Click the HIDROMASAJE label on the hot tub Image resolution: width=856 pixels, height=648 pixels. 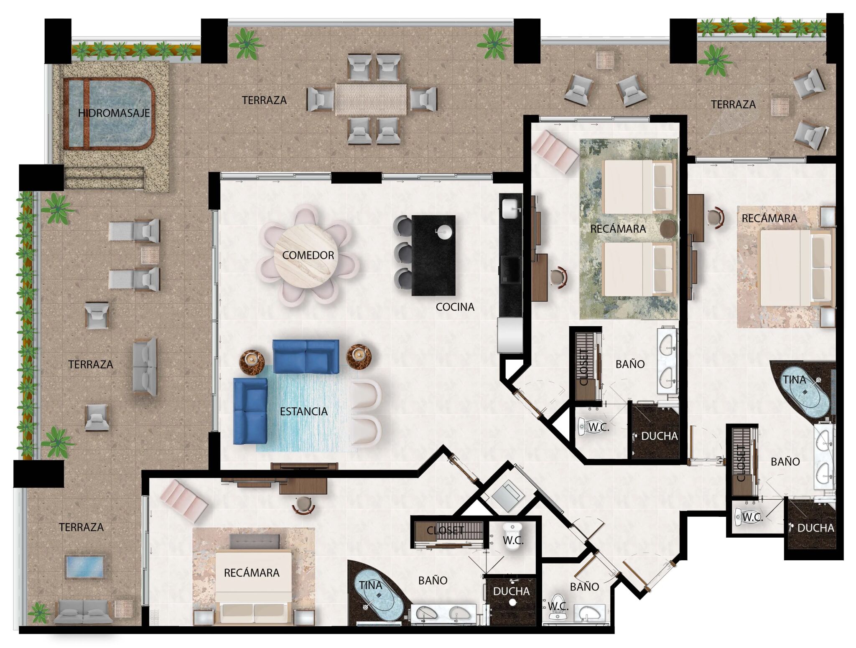click(x=114, y=113)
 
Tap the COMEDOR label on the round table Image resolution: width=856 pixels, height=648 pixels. click(x=308, y=255)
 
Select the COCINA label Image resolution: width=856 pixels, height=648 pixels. click(x=455, y=307)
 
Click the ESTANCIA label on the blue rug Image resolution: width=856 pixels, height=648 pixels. click(x=304, y=412)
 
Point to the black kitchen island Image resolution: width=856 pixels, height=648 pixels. click(x=433, y=255)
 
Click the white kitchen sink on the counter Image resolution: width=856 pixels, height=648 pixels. click(x=510, y=208)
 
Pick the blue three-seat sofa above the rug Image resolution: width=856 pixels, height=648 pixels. click(x=306, y=357)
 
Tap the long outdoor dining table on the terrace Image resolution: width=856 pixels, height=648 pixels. click(x=371, y=99)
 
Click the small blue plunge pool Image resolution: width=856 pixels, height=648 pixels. click(x=84, y=567)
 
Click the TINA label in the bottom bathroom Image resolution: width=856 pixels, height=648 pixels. click(x=370, y=585)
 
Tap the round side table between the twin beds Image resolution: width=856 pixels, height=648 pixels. click(x=668, y=229)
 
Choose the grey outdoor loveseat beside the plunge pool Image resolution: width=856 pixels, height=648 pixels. click(x=84, y=612)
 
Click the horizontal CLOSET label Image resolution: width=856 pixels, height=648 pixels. click(x=446, y=531)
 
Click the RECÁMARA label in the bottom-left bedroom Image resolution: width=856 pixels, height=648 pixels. click(x=252, y=573)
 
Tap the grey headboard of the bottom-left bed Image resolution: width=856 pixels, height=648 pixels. click(x=255, y=542)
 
